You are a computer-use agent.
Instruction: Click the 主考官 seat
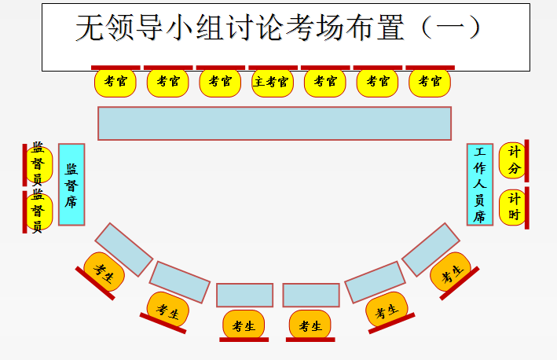click(272, 82)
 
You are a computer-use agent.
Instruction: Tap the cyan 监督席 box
click(71, 185)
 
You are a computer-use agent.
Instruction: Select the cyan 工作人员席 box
click(480, 185)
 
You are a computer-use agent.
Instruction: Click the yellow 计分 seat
click(514, 159)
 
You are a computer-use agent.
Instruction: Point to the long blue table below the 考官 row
click(274, 123)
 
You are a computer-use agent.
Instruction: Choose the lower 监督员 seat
click(38, 212)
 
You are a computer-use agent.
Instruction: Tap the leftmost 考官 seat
click(115, 82)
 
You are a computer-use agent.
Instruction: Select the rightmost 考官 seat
click(430, 82)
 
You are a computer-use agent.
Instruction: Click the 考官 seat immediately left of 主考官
click(220, 82)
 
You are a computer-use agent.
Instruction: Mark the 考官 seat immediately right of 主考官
click(325, 82)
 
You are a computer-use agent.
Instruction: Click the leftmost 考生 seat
click(104, 272)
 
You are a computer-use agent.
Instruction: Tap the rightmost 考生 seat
click(451, 273)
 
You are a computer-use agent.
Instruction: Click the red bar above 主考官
click(273, 68)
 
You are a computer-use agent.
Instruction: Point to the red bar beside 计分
click(526, 160)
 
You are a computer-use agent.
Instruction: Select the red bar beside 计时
click(526, 208)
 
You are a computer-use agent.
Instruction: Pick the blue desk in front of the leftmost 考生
click(124, 249)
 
